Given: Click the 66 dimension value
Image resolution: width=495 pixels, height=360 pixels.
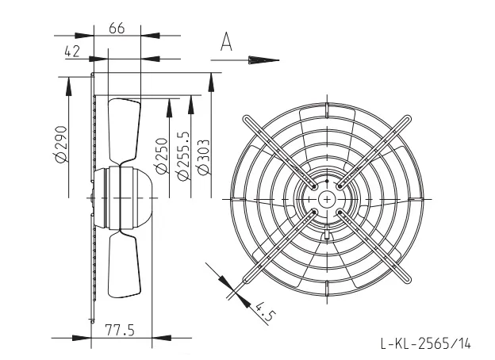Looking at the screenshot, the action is [117, 28].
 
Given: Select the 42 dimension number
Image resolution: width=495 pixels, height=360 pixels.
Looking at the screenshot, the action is [72, 52].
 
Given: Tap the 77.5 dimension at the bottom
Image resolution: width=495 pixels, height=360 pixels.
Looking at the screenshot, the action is [120, 330].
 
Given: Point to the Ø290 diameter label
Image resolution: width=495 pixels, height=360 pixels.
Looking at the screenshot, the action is [60, 144].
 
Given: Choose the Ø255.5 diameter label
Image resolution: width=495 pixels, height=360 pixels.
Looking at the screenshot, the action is [183, 156].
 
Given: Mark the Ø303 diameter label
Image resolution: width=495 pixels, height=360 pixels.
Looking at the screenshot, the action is [202, 156].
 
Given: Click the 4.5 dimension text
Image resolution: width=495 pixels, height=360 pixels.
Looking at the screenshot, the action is [264, 311].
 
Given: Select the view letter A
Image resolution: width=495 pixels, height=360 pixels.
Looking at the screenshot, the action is [226, 41].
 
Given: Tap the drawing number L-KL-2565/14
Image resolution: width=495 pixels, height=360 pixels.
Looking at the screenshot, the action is [426, 343].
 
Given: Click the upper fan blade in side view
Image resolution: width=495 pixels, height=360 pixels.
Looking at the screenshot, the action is [124, 131].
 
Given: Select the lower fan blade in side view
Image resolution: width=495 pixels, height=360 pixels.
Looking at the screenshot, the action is [124, 264].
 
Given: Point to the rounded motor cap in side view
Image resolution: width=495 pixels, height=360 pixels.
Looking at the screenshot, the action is [143, 197].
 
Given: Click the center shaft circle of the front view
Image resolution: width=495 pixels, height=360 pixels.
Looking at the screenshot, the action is [327, 199].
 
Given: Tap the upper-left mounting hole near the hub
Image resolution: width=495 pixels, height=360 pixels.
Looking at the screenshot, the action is [314, 186].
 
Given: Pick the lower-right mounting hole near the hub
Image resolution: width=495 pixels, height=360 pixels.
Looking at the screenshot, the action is [340, 212].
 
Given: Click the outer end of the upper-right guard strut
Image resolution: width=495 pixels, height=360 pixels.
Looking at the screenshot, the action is [407, 119].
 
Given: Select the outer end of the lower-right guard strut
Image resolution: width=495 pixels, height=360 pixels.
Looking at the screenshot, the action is [407, 279].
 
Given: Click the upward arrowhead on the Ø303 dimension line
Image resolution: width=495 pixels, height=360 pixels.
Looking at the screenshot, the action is [211, 82].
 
